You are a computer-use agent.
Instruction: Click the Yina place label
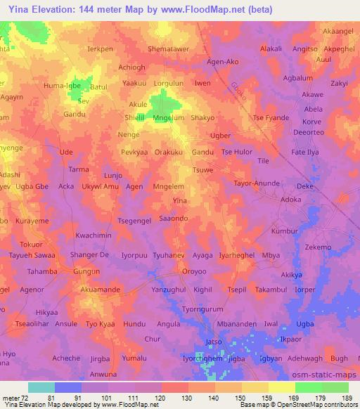(x=180, y=201)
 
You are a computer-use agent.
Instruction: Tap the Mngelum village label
(x=169, y=118)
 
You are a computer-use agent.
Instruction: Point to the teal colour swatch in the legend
(x=41, y=387)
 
